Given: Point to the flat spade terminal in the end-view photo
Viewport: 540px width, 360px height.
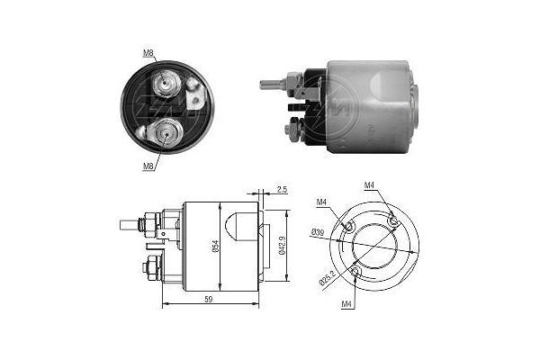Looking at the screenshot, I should tap(193, 88).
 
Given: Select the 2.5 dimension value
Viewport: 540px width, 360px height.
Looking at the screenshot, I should tap(281, 191).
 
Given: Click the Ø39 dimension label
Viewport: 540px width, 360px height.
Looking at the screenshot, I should tap(317, 232).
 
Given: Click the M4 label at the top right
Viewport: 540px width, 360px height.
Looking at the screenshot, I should tap(370, 185).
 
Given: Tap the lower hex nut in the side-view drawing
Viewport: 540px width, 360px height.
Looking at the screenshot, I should tap(151, 266).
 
